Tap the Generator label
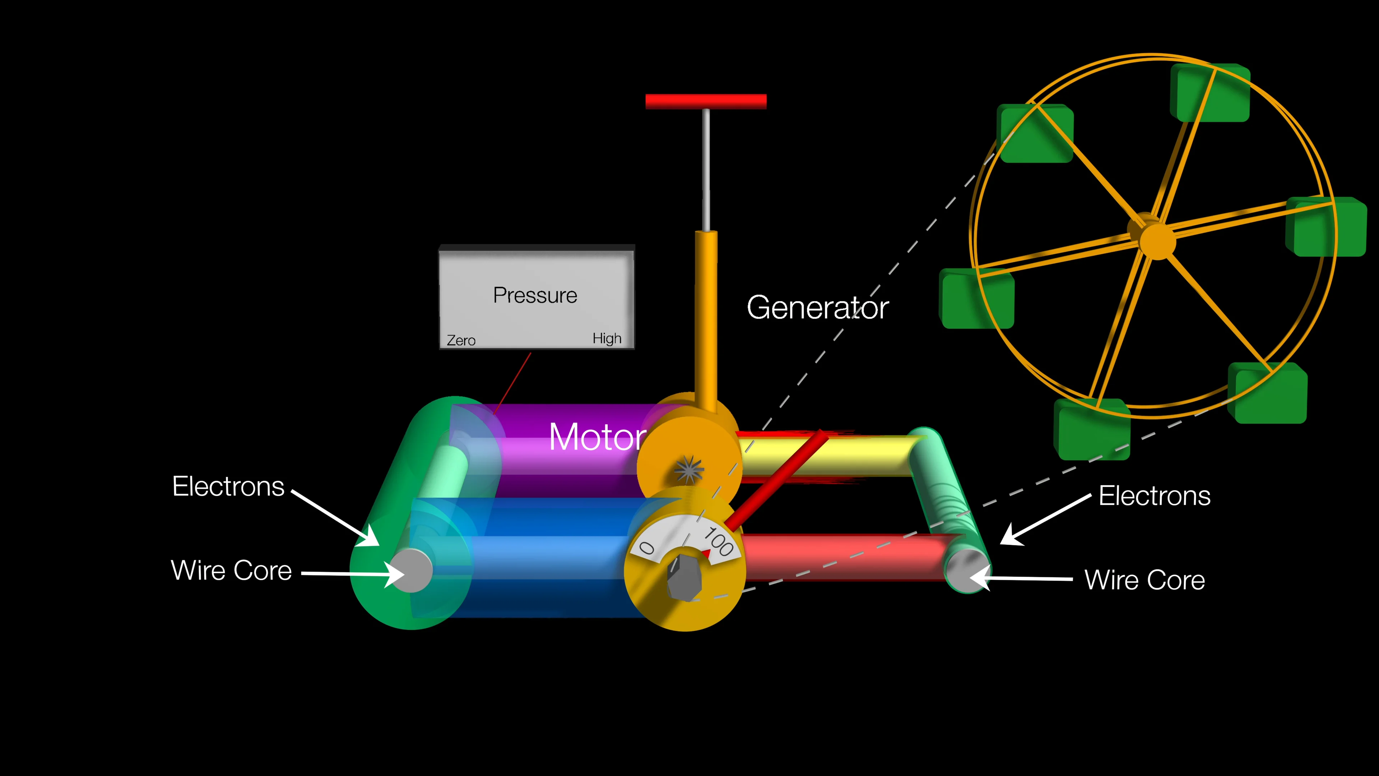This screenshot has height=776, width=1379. pos(817,308)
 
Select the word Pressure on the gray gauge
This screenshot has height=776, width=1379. pos(535,296)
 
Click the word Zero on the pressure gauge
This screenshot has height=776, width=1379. pos(461,341)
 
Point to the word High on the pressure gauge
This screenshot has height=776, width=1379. pos(607,338)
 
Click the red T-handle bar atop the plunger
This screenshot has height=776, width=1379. pos(706,101)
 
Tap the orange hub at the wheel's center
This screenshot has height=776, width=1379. pos(1157,241)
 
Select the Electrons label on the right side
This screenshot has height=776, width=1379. pos(1154,496)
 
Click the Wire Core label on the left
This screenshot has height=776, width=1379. pos(231,571)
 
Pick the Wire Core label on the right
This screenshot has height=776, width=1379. pos(1144,580)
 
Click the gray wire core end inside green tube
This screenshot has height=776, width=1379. pos(411,571)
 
